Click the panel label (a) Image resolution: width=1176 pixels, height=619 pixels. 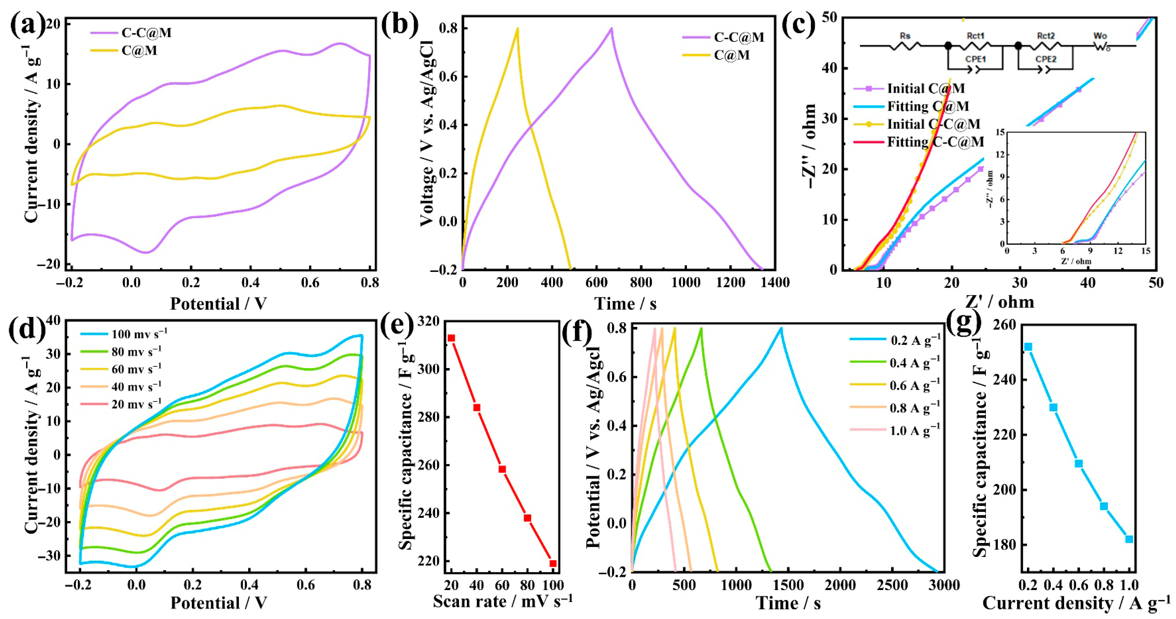tap(28, 25)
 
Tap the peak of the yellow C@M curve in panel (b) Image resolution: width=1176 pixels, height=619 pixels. tap(517, 28)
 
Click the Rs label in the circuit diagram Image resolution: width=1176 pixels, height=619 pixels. tap(904, 36)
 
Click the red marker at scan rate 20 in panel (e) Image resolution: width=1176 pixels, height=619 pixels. tap(451, 338)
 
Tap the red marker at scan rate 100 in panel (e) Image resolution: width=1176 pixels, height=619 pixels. tap(553, 563)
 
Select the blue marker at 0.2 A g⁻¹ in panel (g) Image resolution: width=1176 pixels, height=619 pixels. tap(1028, 347)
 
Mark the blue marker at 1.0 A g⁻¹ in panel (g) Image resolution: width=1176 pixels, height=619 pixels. tap(1129, 539)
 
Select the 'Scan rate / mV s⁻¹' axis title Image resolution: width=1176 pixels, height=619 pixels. tap(502, 601)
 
